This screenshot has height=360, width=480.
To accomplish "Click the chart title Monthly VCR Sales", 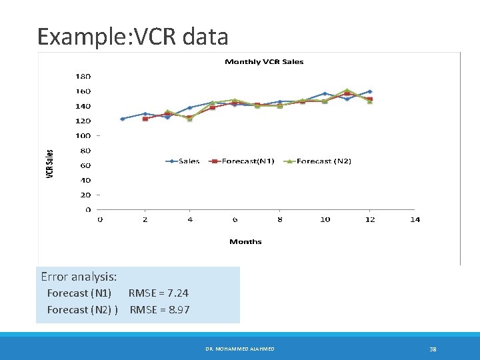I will coord(264,62).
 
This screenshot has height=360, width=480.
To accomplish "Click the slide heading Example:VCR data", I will coord(133,36).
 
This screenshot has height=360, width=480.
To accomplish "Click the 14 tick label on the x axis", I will coord(415,219).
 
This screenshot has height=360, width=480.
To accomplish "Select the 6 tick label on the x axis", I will coord(235,219).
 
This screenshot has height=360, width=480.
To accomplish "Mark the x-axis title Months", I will coord(245,241).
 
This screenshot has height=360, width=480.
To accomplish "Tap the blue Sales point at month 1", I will coord(122,119).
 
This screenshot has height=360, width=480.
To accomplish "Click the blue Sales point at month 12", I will coord(369,91).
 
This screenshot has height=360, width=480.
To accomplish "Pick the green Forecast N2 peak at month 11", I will coord(347,90).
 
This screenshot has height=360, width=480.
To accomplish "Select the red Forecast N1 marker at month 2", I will coord(145,119).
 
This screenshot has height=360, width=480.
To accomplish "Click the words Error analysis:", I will coord(79,276).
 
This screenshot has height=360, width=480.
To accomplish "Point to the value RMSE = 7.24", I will coord(158,293).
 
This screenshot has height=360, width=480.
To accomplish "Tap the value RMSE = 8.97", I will coord(159,309).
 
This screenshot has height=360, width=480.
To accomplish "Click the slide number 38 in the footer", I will coord(432,349).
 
